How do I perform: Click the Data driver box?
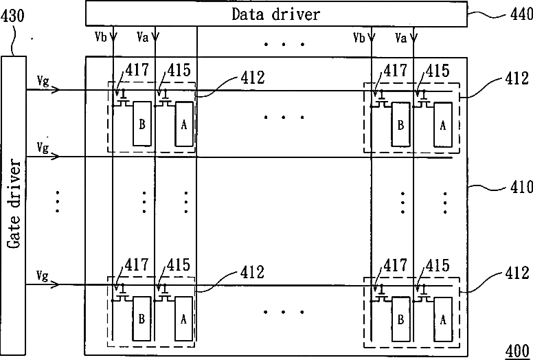pyautogui.click(x=276, y=13)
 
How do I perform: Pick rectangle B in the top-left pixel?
pyautogui.click(x=142, y=124)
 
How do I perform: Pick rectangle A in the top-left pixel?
pyautogui.click(x=183, y=124)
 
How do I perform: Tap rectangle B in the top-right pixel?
pyautogui.click(x=400, y=124)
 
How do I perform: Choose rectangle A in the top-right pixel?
pyautogui.click(x=443, y=124)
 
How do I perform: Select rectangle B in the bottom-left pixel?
pyautogui.click(x=142, y=319)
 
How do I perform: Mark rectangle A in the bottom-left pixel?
pyautogui.click(x=183, y=319)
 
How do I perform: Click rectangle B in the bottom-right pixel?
pyautogui.click(x=400, y=319)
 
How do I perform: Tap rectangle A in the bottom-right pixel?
pyautogui.click(x=443, y=319)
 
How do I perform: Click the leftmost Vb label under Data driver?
pyautogui.click(x=100, y=34)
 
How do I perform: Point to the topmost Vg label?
pyautogui.click(x=43, y=81)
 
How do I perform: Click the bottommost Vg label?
pyautogui.click(x=43, y=275)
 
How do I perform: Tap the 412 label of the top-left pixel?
pyautogui.click(x=253, y=78)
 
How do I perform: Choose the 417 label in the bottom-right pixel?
pyautogui.click(x=395, y=265)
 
